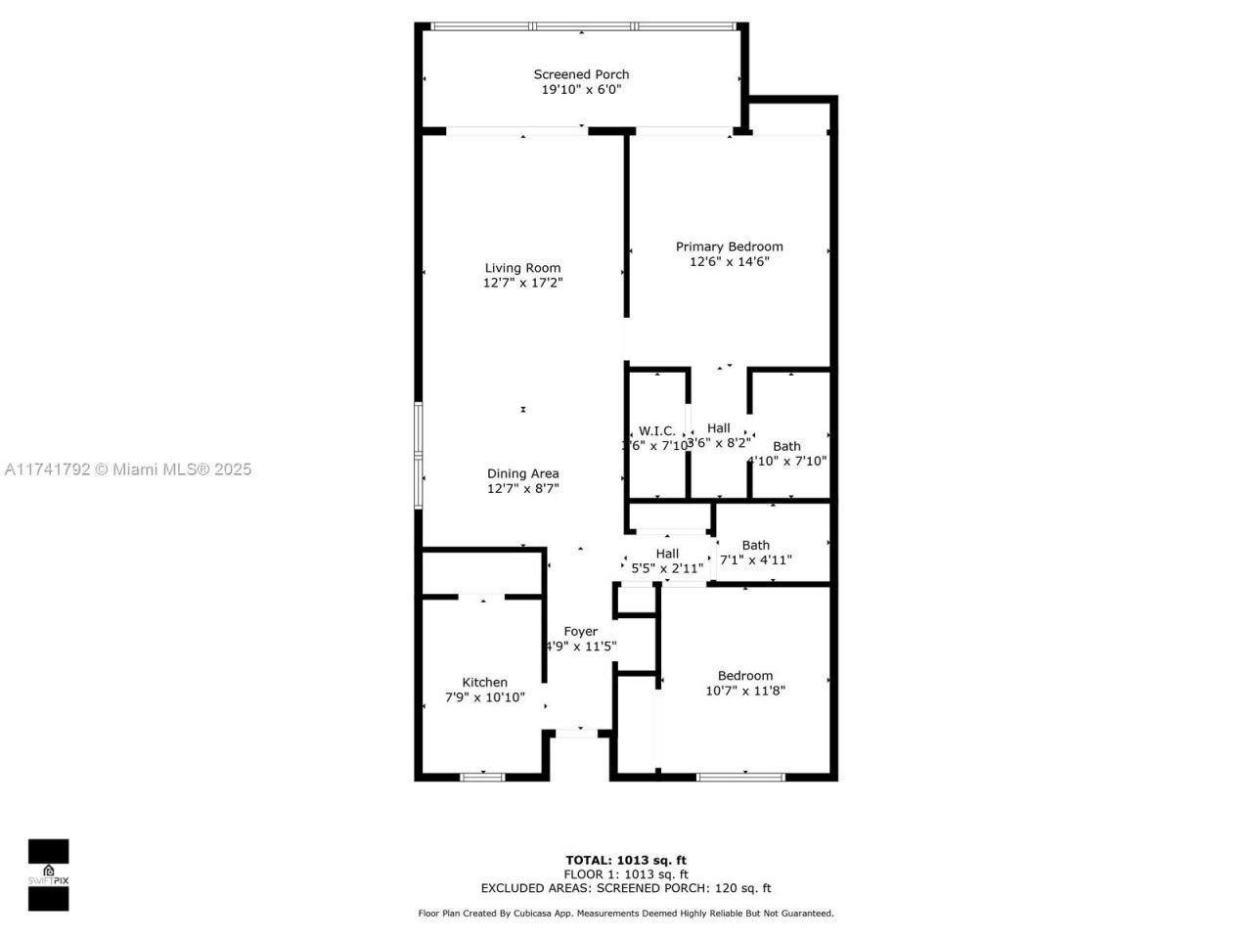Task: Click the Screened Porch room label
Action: click(x=581, y=74)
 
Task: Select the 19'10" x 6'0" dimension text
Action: click(x=581, y=89)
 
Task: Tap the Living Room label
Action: click(x=522, y=268)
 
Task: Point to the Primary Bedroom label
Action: click(x=729, y=246)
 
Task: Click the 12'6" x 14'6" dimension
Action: click(x=729, y=261)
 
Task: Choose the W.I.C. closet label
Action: click(x=656, y=431)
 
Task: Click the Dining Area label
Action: click(x=522, y=473)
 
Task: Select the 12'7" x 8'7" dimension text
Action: click(x=522, y=488)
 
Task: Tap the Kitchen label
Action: click(x=484, y=683)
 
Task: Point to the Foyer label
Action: click(x=580, y=632)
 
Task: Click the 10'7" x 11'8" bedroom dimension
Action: click(x=744, y=691)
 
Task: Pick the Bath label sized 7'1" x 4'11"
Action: click(x=755, y=546)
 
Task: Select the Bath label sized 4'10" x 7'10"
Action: click(x=786, y=447)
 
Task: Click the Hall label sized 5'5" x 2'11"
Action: click(x=667, y=554)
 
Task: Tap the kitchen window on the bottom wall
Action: click(x=482, y=777)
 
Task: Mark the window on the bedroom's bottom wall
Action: click(x=740, y=777)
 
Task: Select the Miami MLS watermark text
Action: click(x=127, y=469)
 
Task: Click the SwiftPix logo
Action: click(x=48, y=874)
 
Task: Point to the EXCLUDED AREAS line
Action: click(x=625, y=888)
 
